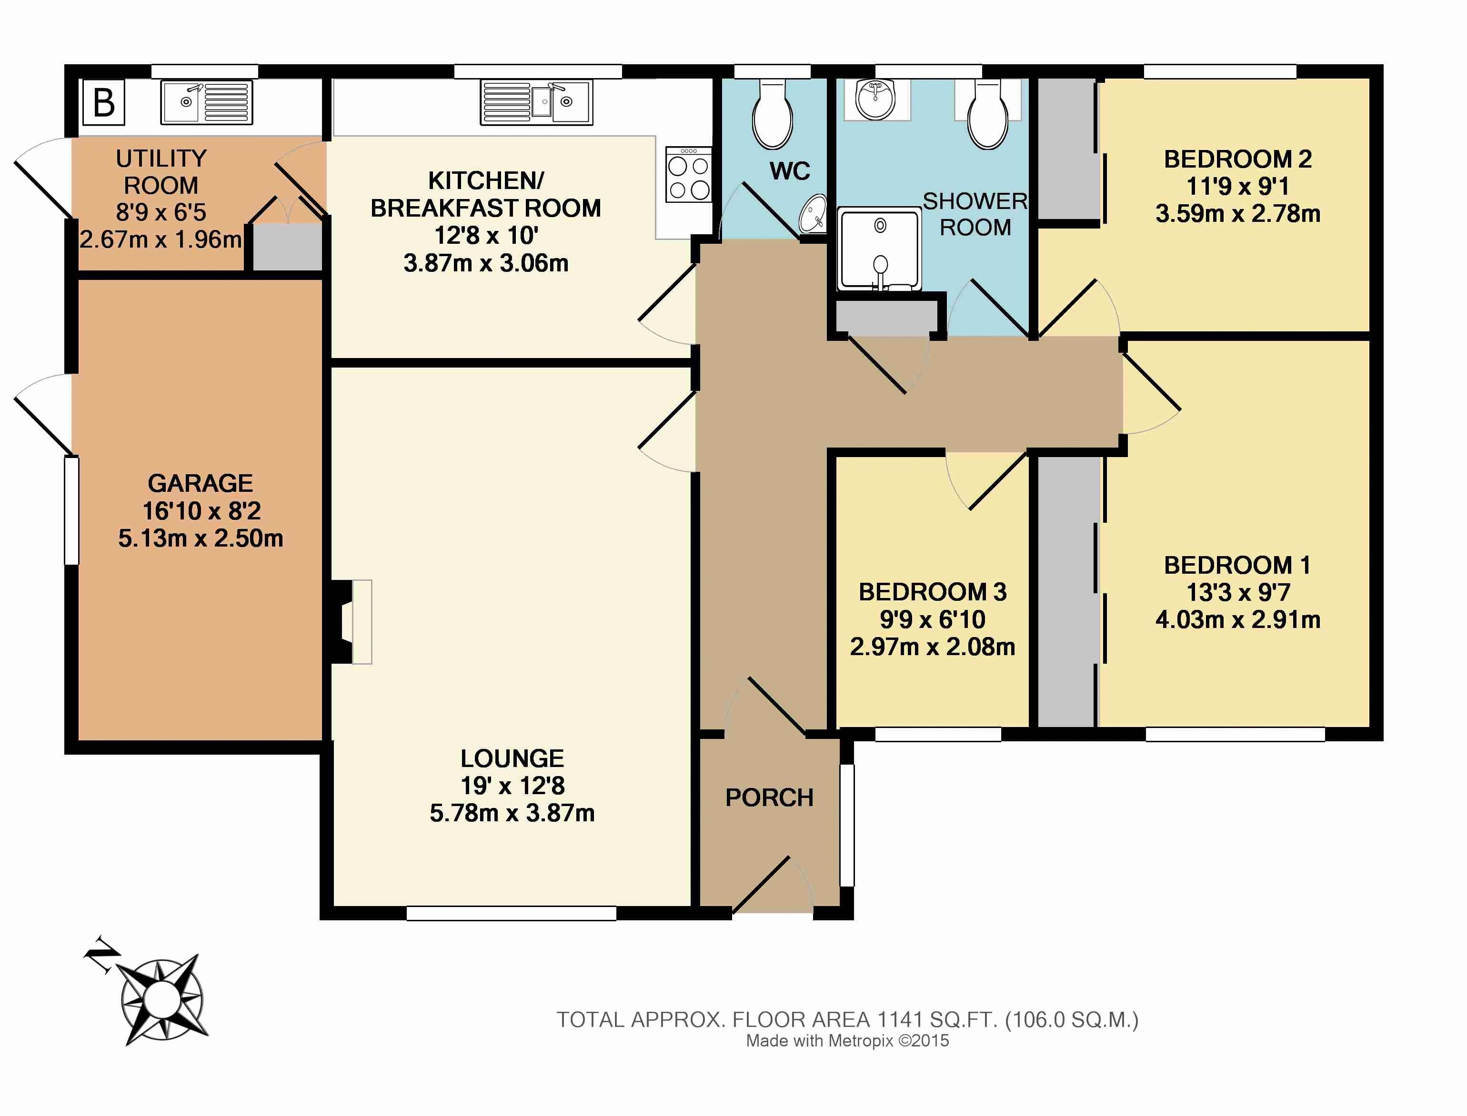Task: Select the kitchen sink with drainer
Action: coord(536,102)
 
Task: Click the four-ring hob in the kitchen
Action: coord(688,175)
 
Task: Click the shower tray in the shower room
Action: coord(880,249)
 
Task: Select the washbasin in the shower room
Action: coord(876,100)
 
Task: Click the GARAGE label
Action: coord(200,483)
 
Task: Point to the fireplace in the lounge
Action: coord(352,622)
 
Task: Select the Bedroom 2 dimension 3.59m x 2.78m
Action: coord(1238,214)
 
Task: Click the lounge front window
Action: coord(512,913)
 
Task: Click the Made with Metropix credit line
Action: coord(848,1041)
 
